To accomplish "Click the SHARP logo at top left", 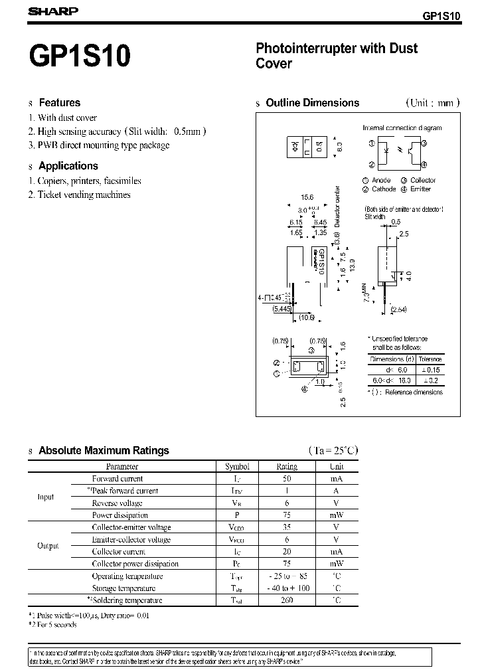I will (x=54, y=11).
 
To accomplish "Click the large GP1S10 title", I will (x=80, y=56).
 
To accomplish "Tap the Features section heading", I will (x=59, y=102).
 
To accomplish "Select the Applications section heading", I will (x=68, y=166).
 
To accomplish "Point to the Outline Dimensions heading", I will (x=312, y=103).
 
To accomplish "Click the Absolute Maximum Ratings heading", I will (x=104, y=451).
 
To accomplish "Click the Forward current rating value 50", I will (x=287, y=479).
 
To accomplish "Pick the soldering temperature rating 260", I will (x=287, y=600).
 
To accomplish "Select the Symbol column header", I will (x=237, y=467).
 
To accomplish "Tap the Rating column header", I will (x=287, y=467).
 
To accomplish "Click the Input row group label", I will (x=46, y=497).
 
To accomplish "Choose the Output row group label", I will (x=48, y=546).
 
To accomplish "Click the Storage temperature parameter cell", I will (x=123, y=588).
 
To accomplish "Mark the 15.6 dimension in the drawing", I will (x=307, y=198).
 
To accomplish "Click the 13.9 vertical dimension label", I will (x=353, y=264).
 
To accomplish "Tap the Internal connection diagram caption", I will (x=402, y=128).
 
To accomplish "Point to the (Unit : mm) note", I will (x=432, y=103).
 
